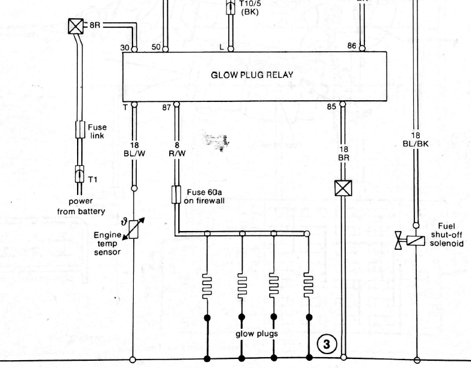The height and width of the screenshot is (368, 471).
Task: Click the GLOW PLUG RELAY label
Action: [x=252, y=76]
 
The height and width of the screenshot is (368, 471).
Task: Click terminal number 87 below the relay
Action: [x=166, y=107]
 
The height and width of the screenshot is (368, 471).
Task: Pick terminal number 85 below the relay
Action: [x=332, y=107]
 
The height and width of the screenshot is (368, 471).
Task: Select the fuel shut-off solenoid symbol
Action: [x=416, y=239]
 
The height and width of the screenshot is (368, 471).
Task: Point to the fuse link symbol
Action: [x=80, y=130]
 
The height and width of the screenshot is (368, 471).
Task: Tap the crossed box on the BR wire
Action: [x=343, y=188]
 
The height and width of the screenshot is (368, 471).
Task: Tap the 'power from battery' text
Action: [x=81, y=206]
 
